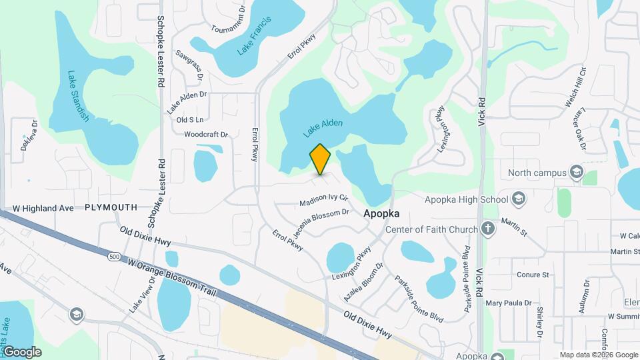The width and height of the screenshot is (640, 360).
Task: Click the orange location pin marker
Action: coord(320,159)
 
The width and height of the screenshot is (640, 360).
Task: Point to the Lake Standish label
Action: coord(79,96)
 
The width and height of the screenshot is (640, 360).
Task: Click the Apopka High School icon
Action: coord(519,199)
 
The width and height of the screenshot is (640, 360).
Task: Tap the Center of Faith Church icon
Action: coord(488,229)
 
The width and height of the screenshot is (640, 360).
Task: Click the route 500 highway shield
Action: coord(115,256)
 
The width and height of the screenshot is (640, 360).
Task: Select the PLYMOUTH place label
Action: coord(111,208)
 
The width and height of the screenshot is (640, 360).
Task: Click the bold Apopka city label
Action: coord(381,214)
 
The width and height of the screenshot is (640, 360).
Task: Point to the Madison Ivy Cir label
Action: coord(324,199)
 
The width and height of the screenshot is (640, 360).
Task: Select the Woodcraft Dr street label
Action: coord(206,134)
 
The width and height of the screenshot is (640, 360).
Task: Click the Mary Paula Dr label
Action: coord(508,303)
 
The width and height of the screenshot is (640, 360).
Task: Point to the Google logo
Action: coord(21,351)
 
